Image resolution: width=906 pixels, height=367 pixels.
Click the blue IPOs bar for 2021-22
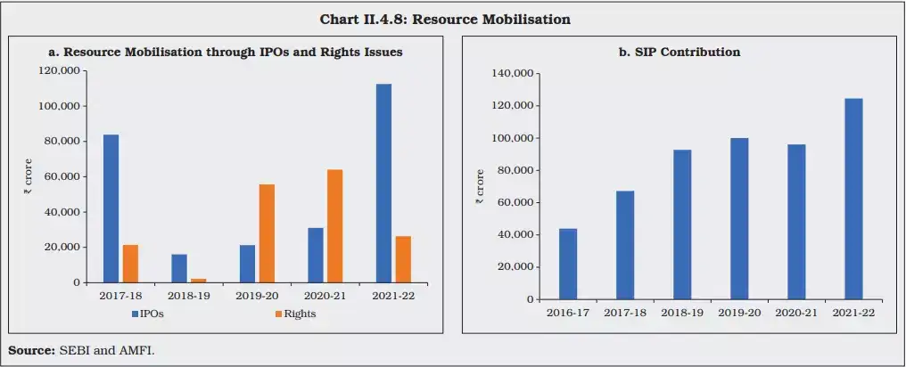click(383, 183)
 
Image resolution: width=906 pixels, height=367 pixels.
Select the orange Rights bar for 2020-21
click(334, 226)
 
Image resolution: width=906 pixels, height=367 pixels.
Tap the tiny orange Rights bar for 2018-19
click(199, 281)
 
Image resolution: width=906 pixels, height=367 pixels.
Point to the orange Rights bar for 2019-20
click(267, 233)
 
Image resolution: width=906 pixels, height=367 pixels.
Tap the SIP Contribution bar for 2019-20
click(739, 218)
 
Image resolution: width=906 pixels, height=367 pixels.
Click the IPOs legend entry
click(150, 314)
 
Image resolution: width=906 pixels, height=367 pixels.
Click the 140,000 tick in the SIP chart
click(513, 74)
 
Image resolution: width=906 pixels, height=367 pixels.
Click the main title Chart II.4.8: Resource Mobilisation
click(452, 19)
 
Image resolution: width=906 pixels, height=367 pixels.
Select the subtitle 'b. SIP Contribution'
click(679, 53)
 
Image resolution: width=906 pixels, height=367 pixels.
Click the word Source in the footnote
click(30, 350)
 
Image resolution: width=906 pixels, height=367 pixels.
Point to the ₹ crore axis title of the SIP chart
click(480, 187)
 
